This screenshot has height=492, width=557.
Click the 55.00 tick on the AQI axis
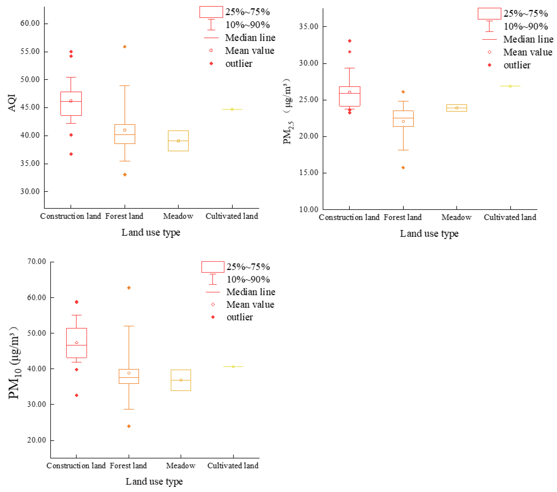pos(30,51)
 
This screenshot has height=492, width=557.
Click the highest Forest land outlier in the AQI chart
pos(125,47)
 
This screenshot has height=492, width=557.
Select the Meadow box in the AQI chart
pos(178,141)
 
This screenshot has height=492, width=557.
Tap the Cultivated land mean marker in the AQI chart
pos(232,109)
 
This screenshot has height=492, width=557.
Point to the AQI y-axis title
pos(12,103)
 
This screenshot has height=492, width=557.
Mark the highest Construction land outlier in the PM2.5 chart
pos(350,41)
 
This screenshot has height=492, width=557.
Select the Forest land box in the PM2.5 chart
pos(403,118)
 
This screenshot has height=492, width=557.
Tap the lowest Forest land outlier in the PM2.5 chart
pos(403,168)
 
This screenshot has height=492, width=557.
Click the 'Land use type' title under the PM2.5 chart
pos(429,233)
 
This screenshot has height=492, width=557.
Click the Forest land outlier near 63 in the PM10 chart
pos(129,288)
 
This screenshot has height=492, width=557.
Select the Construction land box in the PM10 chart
pos(77,343)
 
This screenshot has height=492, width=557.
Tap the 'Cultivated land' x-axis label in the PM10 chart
pos(233,466)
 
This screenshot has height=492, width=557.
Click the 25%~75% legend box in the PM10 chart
pos(213,267)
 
